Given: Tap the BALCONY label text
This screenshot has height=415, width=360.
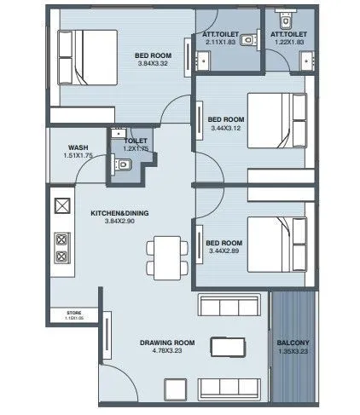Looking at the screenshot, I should (293, 343).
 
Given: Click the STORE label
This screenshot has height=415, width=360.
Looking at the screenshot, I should (73, 314).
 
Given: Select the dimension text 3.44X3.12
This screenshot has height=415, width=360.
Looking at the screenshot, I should (226, 129).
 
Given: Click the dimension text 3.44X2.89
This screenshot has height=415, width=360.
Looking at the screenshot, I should (225, 251).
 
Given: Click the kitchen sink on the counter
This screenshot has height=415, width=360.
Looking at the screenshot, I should (62, 205).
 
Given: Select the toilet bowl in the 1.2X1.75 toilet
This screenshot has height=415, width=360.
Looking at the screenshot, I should (122, 169).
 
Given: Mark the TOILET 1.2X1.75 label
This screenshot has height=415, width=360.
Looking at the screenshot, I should (136, 144).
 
